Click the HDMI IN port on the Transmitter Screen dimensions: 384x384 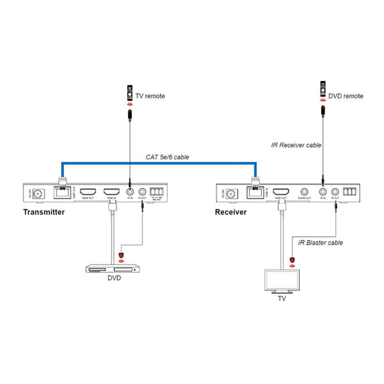point(112,192)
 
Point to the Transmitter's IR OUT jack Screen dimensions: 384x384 point(142,192)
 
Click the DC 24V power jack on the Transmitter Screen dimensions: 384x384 point(38,193)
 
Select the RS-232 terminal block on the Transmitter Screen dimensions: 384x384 point(157,192)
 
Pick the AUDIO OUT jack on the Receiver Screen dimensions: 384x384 point(304,192)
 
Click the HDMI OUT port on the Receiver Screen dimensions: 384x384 point(281,192)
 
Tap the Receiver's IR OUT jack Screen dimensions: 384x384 point(335,192)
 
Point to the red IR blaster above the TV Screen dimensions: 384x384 point(292,260)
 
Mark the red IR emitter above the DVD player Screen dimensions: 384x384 point(121,255)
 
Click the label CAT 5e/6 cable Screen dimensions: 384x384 point(167,157)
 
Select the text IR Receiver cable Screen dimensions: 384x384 point(296,145)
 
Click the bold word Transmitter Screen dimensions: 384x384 point(44,212)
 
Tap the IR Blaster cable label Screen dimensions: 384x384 point(320,243)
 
